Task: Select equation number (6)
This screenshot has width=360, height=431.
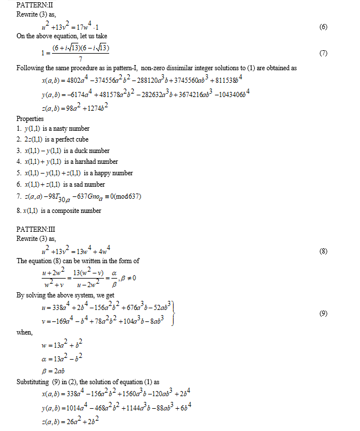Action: (323, 27)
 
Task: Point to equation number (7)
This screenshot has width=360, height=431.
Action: (323, 53)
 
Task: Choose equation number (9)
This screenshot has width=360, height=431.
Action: (323, 313)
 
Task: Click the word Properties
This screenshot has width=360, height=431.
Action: (30, 119)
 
